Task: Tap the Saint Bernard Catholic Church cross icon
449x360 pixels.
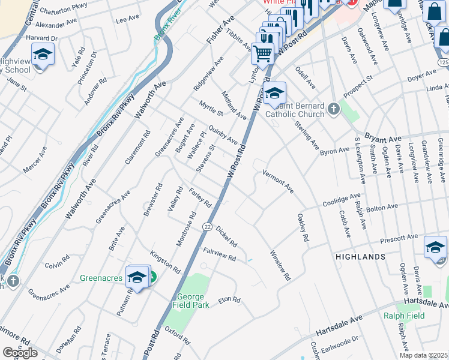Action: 334,109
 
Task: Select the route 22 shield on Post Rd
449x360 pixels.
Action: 207,226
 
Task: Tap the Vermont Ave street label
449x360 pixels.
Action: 278,181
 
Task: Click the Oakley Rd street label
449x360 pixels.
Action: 302,227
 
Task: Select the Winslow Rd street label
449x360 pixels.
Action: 280,265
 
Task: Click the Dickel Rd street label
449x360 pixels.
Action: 226,236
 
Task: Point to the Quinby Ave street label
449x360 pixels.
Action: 223,134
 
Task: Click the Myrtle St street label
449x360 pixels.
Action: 211,109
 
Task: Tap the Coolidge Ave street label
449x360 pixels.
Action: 342,199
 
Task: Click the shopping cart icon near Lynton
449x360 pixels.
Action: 262,53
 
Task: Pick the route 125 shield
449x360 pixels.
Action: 443,62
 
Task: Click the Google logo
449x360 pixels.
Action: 20,353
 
